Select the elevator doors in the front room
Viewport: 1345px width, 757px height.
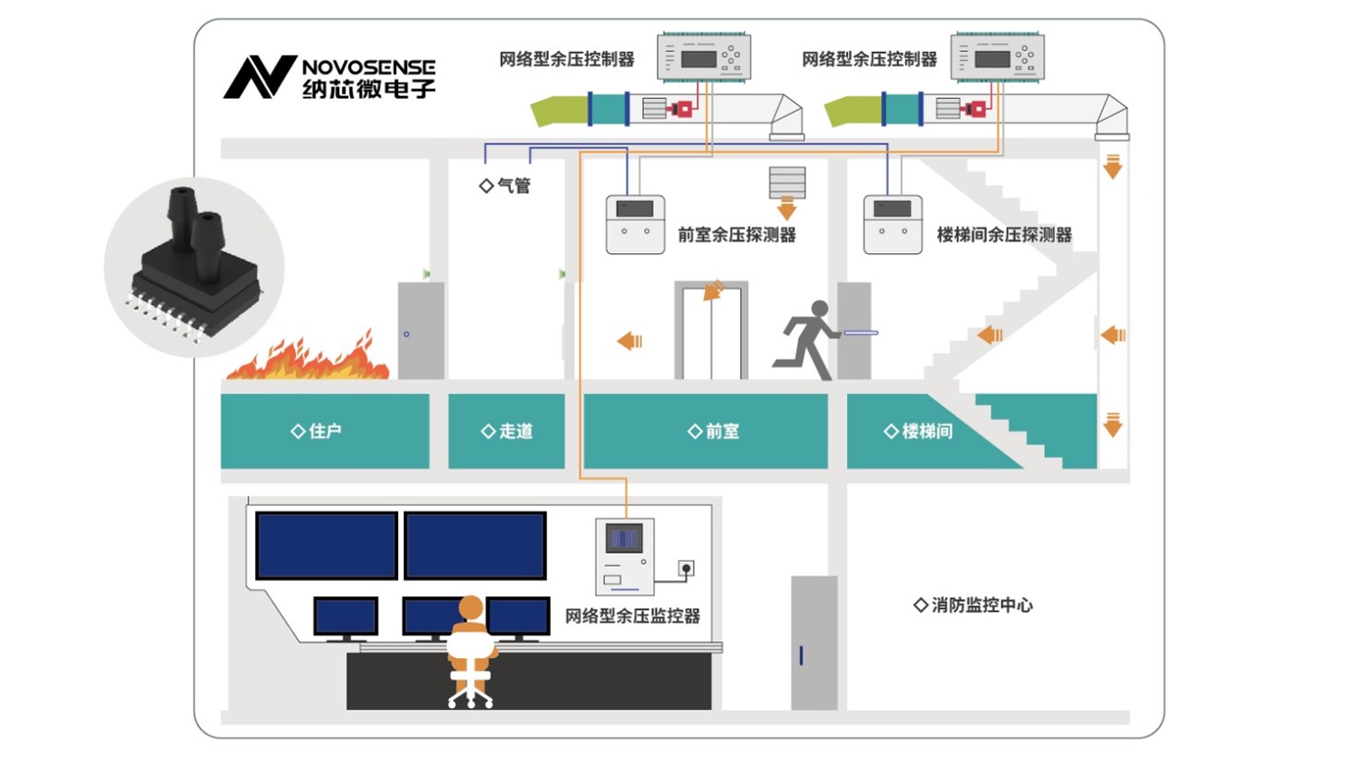710,333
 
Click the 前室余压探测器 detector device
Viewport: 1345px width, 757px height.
635,225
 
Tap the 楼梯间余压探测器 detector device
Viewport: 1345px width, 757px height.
892,225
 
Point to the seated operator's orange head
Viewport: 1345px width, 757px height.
471,608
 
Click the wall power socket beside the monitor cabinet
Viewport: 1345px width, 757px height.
685,567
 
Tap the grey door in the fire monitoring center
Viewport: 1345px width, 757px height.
814,642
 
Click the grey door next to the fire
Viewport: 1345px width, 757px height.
420,330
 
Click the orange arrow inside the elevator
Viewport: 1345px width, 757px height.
712,293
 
